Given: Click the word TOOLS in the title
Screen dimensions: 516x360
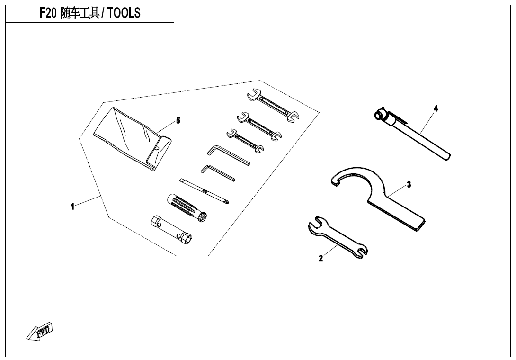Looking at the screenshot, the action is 124,13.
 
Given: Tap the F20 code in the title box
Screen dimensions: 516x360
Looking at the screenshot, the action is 48,13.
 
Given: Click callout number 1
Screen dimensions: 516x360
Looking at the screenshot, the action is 72,207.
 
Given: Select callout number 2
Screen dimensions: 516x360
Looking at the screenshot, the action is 321,259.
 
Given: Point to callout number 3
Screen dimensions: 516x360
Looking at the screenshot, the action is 409,184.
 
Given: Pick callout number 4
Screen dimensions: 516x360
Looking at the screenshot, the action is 436,108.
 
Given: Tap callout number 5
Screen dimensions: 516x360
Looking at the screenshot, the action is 178,120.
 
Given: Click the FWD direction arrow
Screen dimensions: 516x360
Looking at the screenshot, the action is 39,331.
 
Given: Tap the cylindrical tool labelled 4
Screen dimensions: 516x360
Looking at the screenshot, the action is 412,134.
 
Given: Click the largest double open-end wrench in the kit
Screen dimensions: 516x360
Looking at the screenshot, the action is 273,106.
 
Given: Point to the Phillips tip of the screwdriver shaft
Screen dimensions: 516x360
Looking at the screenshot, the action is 227,201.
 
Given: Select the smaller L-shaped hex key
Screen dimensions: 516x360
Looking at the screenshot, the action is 218,172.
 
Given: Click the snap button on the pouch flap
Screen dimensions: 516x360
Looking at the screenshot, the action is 157,148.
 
